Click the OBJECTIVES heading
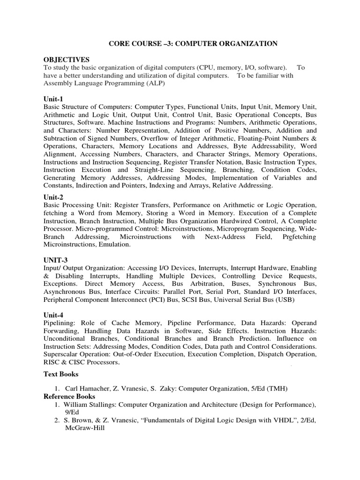pos(67,60)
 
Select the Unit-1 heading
pos(53,99)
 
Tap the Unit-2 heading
pos(53,197)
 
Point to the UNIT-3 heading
pos(56,259)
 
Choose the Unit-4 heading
pos(53,315)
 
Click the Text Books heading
pos(61,375)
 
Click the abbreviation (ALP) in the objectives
pos(156,83)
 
